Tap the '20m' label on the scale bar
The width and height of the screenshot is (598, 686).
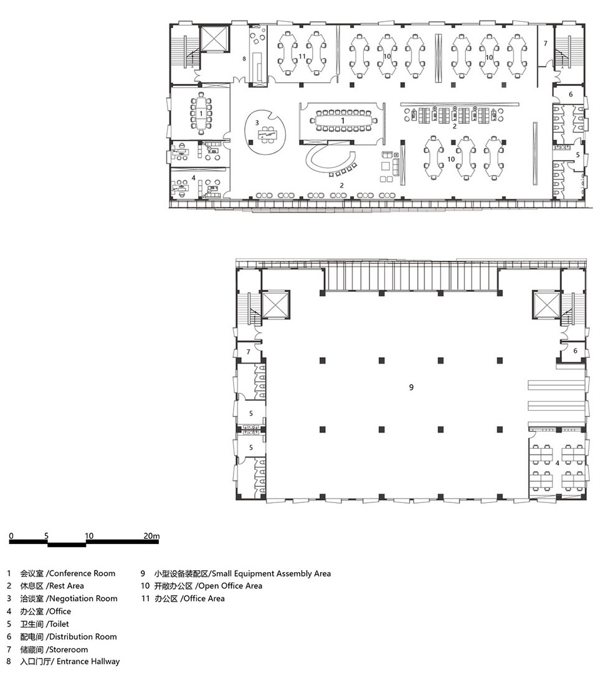(151, 536)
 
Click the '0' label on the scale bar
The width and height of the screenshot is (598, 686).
(11, 536)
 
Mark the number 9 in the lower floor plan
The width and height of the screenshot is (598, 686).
(411, 387)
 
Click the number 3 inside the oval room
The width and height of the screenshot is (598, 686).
(257, 123)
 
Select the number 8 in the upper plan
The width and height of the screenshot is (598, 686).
(244, 59)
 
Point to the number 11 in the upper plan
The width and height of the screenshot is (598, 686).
(302, 57)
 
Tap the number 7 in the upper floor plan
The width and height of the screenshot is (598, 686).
(546, 44)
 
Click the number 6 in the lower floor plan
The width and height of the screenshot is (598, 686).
(575, 351)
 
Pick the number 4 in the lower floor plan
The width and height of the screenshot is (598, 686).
(558, 463)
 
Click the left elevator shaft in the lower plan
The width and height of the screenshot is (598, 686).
(275, 304)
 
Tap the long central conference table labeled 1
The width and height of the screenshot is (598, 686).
(343, 120)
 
